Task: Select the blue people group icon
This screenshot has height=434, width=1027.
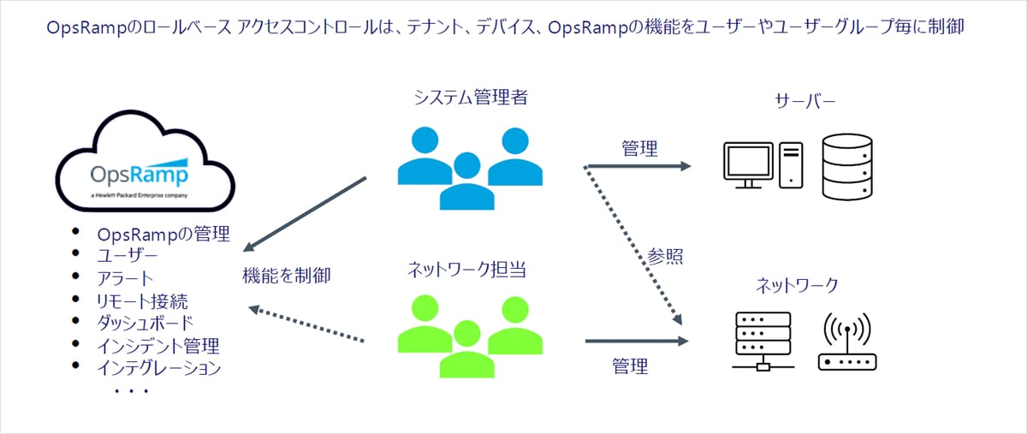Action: [x=470, y=167]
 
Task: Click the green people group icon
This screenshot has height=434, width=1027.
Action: [x=470, y=335]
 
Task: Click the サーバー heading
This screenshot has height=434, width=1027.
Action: [x=804, y=102]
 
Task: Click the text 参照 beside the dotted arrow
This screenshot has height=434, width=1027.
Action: [x=665, y=257]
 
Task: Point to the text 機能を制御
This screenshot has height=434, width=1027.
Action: [x=286, y=276]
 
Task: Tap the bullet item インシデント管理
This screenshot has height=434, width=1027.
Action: [x=158, y=346]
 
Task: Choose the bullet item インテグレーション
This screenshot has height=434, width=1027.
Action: [x=159, y=368]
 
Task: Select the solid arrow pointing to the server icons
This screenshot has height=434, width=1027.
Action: [x=637, y=166]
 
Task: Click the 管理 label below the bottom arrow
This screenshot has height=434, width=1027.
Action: [x=630, y=366]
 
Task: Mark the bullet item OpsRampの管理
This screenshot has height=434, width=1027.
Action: [x=163, y=235]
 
